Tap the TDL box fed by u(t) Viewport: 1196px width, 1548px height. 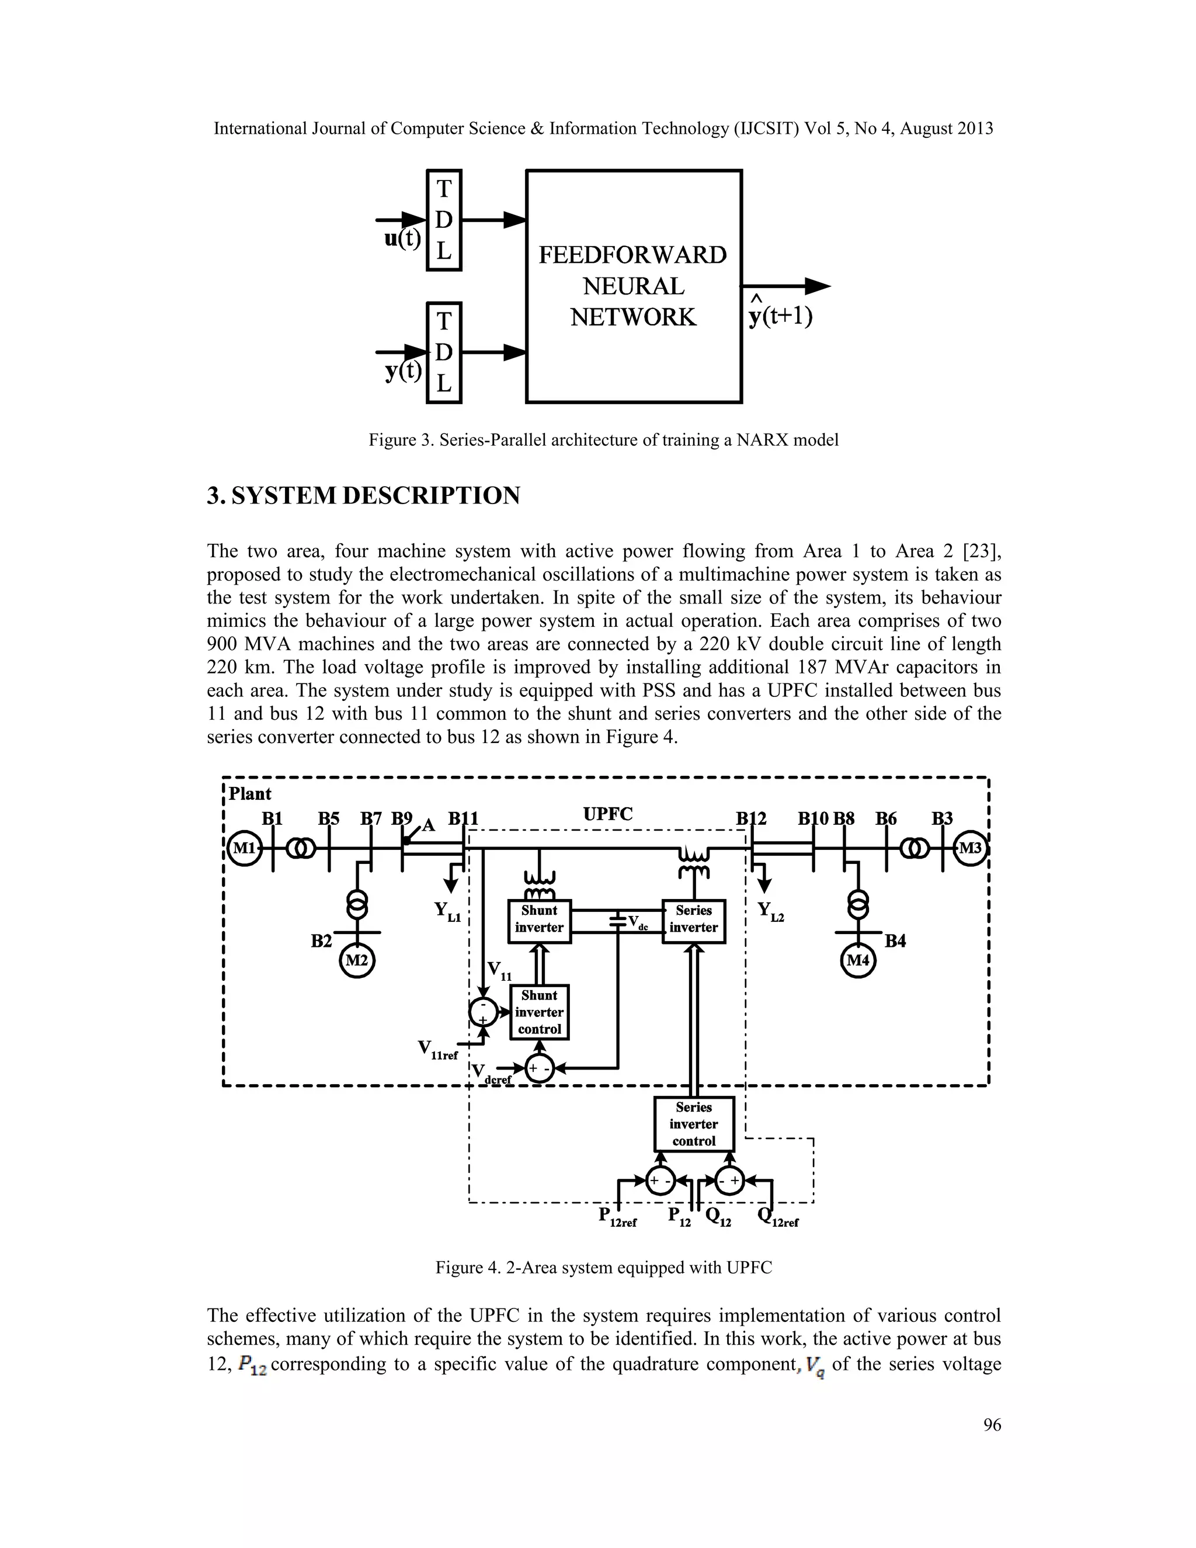[444, 220]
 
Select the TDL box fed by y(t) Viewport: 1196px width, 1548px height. [444, 352]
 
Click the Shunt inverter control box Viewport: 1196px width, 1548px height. [539, 1012]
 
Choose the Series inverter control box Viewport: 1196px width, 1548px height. [694, 1124]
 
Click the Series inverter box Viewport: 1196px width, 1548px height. [693, 919]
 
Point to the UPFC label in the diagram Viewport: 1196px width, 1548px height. [607, 814]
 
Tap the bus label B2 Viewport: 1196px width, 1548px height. [321, 940]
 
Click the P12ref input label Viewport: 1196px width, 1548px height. [617, 1217]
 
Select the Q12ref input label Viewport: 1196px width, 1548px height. [777, 1217]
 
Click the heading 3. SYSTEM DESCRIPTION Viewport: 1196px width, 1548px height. [363, 495]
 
